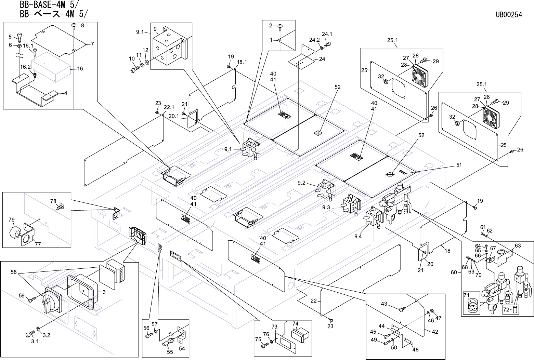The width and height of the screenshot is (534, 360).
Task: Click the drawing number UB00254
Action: click(x=509, y=15)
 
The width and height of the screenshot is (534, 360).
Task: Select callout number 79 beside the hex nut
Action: click(x=12, y=219)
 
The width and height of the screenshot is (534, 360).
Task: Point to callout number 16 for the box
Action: click(x=80, y=69)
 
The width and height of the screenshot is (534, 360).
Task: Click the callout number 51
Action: click(x=458, y=165)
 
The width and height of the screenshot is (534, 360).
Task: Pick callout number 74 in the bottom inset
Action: click(x=295, y=323)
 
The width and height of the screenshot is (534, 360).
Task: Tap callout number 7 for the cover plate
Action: click(x=92, y=44)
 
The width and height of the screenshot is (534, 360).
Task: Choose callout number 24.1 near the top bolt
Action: click(x=327, y=34)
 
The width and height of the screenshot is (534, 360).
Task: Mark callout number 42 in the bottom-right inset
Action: click(x=435, y=332)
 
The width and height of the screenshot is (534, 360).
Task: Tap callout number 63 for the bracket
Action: click(x=518, y=245)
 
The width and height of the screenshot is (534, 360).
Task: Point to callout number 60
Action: click(x=454, y=272)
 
